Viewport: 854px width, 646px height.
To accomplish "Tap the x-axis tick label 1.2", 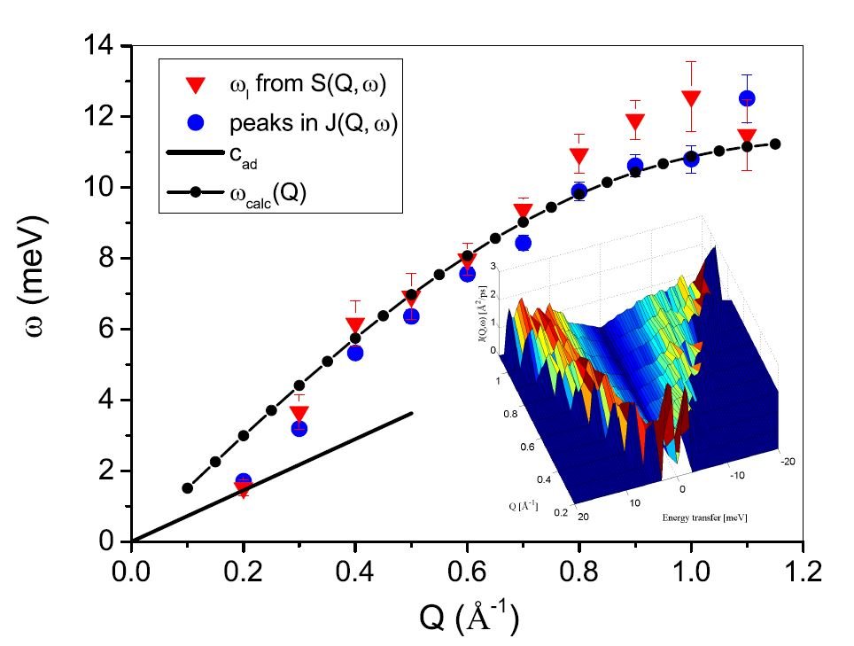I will [x=803, y=568].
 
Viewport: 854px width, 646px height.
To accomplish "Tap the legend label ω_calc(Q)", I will [x=278, y=194].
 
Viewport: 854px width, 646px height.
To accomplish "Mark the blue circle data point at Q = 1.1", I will [x=747, y=98].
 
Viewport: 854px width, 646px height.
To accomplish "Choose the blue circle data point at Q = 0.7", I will [x=523, y=243].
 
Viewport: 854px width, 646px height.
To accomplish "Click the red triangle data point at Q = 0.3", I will [x=299, y=414].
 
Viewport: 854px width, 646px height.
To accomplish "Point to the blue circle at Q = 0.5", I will [x=411, y=316].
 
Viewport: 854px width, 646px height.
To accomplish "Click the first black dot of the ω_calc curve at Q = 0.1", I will [x=187, y=488].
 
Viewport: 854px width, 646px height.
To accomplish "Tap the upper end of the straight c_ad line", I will [x=412, y=413].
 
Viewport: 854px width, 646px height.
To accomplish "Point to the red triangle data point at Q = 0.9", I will [x=635, y=122].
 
